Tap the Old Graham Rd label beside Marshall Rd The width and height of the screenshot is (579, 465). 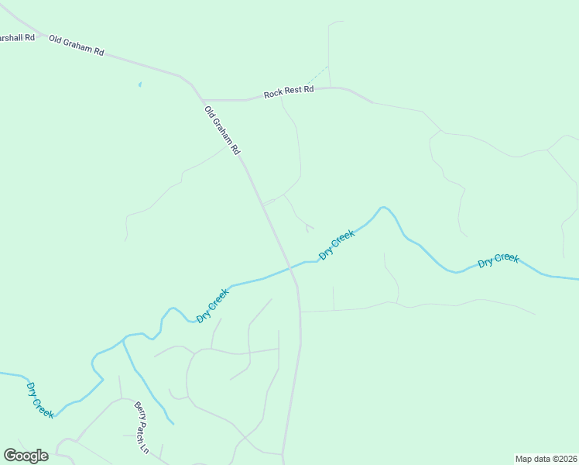click(x=76, y=46)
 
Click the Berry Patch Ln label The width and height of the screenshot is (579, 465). click(x=141, y=427)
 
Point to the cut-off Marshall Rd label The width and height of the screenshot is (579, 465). click(x=18, y=37)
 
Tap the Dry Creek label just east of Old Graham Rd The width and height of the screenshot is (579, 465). click(x=337, y=244)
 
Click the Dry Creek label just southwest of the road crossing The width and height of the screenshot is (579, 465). click(x=213, y=305)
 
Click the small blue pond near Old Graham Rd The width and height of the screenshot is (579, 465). click(x=139, y=84)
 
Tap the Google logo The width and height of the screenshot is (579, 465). click(x=26, y=455)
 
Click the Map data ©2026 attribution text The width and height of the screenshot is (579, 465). click(x=546, y=458)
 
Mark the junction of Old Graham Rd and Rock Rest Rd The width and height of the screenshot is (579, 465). click(x=204, y=101)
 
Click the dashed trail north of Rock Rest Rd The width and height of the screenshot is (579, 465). click(x=316, y=75)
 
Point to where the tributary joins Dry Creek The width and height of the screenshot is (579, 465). click(x=124, y=339)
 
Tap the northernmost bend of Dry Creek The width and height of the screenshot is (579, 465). click(x=382, y=207)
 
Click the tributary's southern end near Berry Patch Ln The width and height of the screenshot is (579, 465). click(x=173, y=423)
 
